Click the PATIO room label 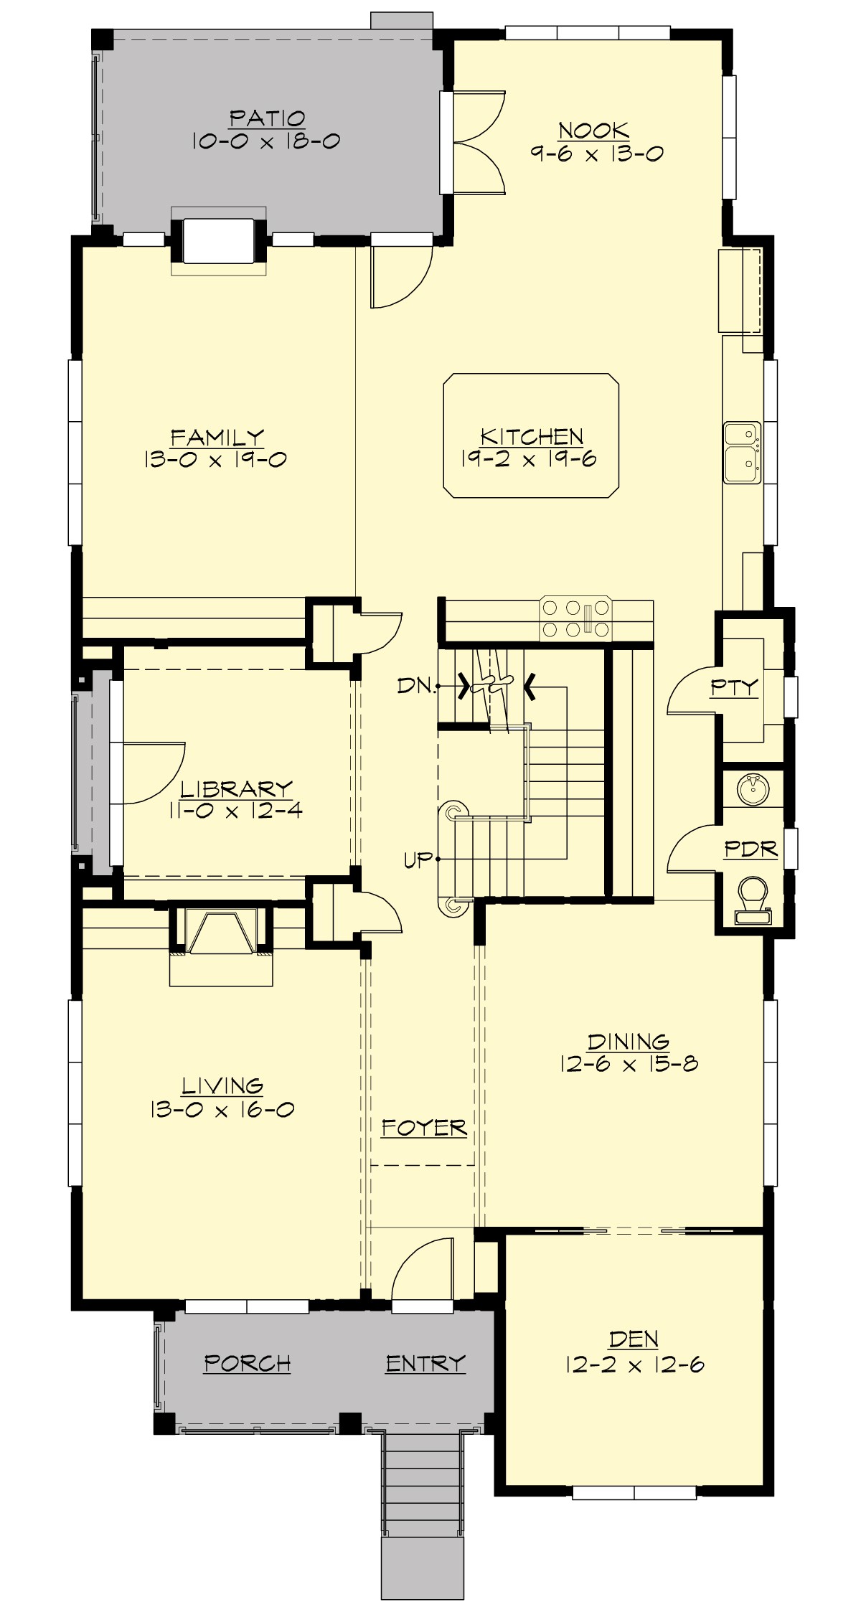[x=267, y=118]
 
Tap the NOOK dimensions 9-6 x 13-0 [x=596, y=154]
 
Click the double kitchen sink [x=741, y=452]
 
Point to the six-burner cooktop [x=576, y=618]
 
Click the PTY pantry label [x=734, y=687]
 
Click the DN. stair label [x=416, y=686]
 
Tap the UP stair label [x=418, y=859]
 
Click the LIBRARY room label [x=236, y=789]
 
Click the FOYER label [x=423, y=1128]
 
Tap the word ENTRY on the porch [x=425, y=1363]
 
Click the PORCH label [x=248, y=1363]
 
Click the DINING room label [x=629, y=1041]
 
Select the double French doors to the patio [x=477, y=142]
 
